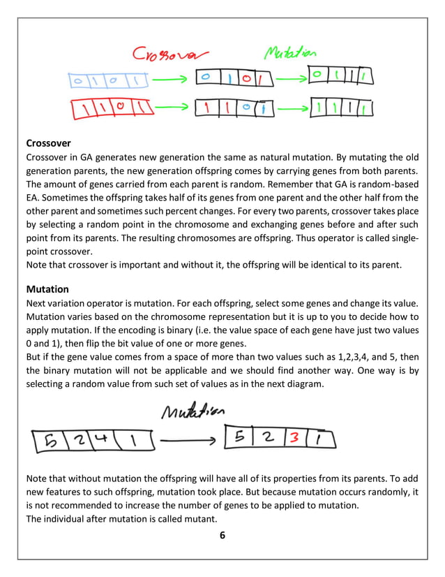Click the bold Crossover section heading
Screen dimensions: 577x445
(48, 145)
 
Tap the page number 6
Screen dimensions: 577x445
(222, 535)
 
